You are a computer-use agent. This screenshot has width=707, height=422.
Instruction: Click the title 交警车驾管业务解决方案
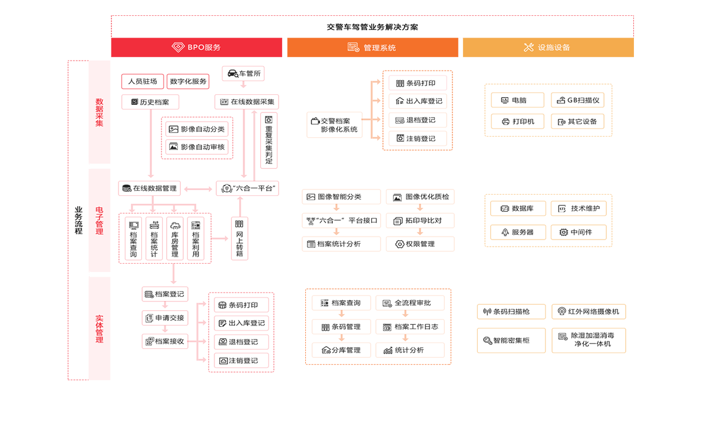pyautogui.click(x=372, y=27)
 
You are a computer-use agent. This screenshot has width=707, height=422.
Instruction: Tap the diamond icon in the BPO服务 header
pyautogui.click(x=178, y=47)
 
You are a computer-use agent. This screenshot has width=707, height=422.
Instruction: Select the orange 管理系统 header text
pyautogui.click(x=379, y=48)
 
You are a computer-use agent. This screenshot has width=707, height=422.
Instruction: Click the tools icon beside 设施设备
pyautogui.click(x=528, y=47)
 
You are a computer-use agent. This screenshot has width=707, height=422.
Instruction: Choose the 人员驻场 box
pyautogui.click(x=143, y=81)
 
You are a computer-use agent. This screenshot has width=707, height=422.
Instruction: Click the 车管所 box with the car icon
pyautogui.click(x=243, y=74)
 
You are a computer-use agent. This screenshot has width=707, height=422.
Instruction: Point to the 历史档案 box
pyautogui.click(x=150, y=102)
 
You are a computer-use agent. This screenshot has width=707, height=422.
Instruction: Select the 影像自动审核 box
pyautogui.click(x=197, y=147)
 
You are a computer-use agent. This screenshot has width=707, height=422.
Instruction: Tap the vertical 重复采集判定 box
pyautogui.click(x=269, y=140)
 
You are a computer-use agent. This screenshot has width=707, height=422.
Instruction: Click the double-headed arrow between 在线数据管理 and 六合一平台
pyautogui.click(x=198, y=189)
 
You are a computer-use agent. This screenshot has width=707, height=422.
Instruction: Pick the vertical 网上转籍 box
pyautogui.click(x=240, y=238)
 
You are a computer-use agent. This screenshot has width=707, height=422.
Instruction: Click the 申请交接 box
pyautogui.click(x=165, y=318)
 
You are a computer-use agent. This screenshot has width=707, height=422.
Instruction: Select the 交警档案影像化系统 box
pyautogui.click(x=335, y=125)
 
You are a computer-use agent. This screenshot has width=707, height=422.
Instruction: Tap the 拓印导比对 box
pyautogui.click(x=420, y=221)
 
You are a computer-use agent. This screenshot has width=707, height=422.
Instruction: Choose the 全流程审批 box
pyautogui.click(x=409, y=303)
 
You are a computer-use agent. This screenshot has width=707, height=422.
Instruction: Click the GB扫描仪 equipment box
pyautogui.click(x=577, y=100)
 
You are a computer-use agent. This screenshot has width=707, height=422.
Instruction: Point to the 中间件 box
pyautogui.click(x=579, y=232)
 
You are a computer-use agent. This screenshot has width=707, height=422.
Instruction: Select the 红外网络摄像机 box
pyautogui.click(x=589, y=311)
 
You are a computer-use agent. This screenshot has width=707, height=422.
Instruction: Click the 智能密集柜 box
pyautogui.click(x=511, y=340)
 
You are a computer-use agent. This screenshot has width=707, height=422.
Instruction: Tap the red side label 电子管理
pyautogui.click(x=100, y=221)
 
